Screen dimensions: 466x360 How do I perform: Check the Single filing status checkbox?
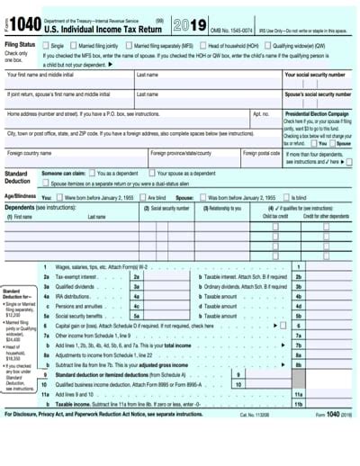click(45, 44)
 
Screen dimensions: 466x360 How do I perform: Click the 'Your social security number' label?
click(314, 75)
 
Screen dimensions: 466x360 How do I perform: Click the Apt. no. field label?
click(261, 114)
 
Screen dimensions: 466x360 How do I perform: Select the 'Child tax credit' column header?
click(275, 216)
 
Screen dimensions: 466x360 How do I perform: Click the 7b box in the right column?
click(298, 345)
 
